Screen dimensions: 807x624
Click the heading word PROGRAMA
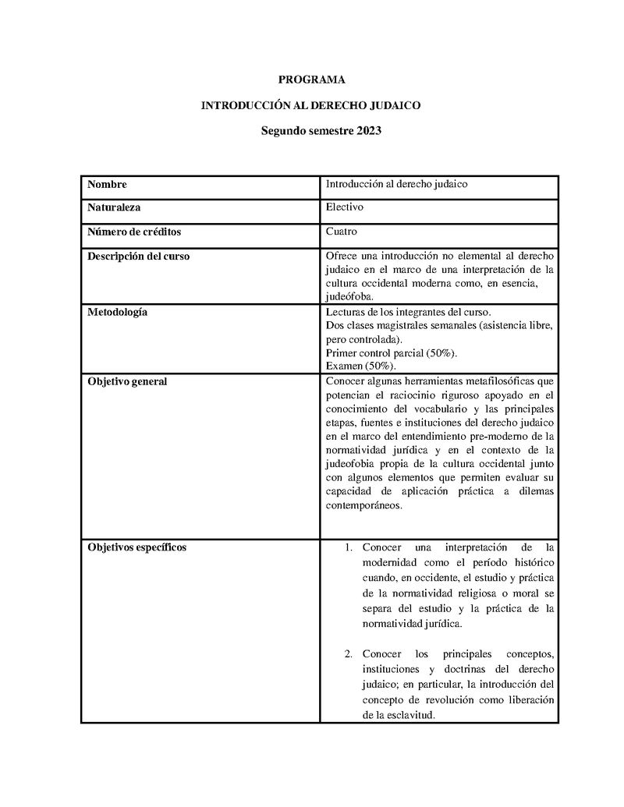pyautogui.click(x=311, y=80)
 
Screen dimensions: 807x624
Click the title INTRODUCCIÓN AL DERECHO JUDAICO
pyautogui.click(x=311, y=105)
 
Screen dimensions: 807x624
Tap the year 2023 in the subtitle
pyautogui.click(x=369, y=131)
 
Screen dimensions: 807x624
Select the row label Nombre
pyautogui.click(x=107, y=185)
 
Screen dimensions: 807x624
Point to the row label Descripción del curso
pyautogui.click(x=138, y=256)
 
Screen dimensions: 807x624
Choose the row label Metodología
pyautogui.click(x=117, y=313)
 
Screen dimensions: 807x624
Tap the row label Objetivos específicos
pyautogui.click(x=136, y=547)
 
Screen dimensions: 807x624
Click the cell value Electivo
pyautogui.click(x=345, y=207)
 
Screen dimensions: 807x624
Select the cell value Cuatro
pyautogui.click(x=342, y=232)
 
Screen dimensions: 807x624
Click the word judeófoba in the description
pyautogui.click(x=349, y=296)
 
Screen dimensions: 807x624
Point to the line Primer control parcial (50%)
pyautogui.click(x=392, y=353)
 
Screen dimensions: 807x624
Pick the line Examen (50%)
pyautogui.click(x=360, y=366)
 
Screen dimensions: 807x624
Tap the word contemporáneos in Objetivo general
pyautogui.click(x=364, y=505)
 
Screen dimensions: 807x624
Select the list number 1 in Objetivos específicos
pyautogui.click(x=348, y=547)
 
